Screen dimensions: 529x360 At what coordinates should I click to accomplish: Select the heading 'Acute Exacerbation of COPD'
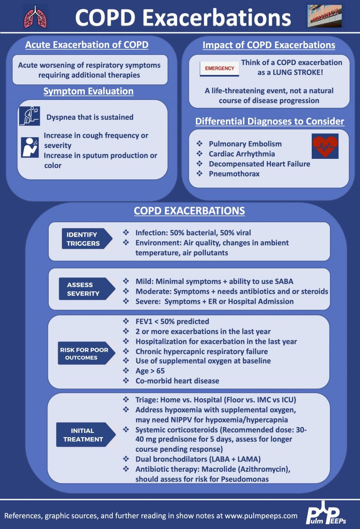(x=87, y=45)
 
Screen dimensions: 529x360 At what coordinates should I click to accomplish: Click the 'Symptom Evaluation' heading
(x=88, y=91)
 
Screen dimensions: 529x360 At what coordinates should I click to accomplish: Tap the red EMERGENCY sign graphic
(x=219, y=68)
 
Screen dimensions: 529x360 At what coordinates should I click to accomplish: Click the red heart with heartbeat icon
(x=325, y=146)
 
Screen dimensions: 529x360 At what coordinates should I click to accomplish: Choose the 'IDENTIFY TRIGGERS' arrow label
(x=86, y=239)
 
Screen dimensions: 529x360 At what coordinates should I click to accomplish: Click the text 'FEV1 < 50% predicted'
(x=172, y=321)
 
